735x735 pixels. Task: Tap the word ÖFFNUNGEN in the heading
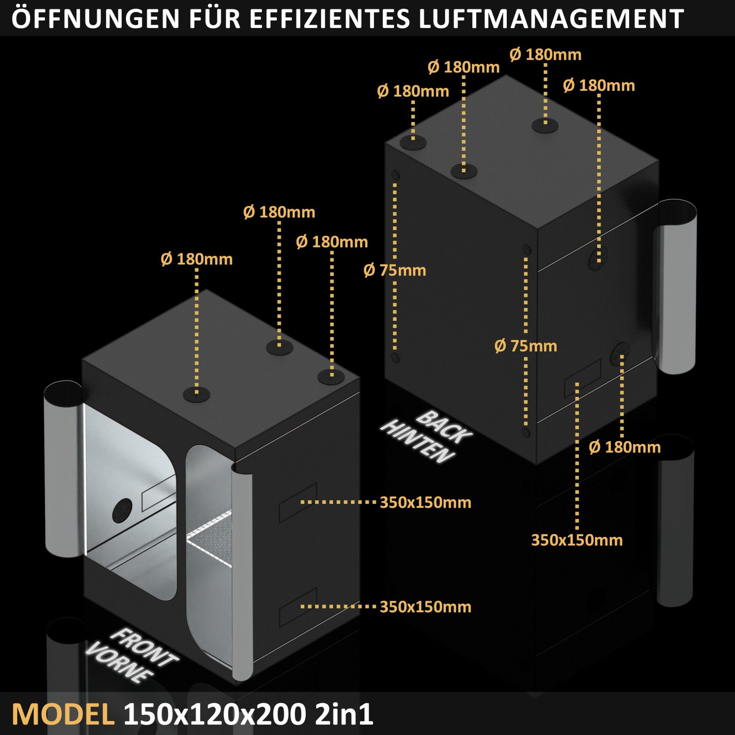click(95, 18)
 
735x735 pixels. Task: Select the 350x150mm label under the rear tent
click(577, 540)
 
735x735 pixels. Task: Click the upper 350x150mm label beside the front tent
click(425, 502)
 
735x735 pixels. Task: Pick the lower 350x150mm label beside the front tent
click(425, 607)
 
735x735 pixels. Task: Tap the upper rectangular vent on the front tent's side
click(298, 502)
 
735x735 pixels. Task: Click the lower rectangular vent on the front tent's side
click(298, 606)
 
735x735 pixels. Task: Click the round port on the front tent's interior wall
click(122, 510)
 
